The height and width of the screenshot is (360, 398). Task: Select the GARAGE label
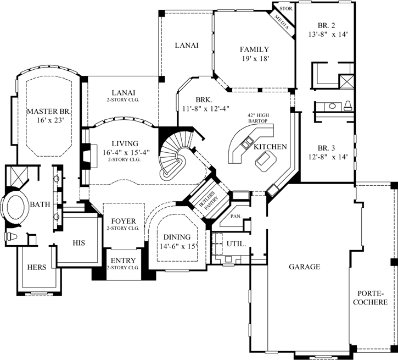[305, 267]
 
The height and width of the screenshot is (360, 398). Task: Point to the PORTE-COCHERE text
[372, 297]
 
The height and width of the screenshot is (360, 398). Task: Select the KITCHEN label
[269, 147]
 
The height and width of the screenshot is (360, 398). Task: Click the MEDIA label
[282, 20]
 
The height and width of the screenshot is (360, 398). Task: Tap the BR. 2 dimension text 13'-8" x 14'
[329, 34]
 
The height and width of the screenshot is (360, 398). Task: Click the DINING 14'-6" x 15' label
[176, 242]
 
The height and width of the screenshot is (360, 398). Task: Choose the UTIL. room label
[236, 243]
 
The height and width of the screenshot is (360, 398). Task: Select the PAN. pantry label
[236, 216]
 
